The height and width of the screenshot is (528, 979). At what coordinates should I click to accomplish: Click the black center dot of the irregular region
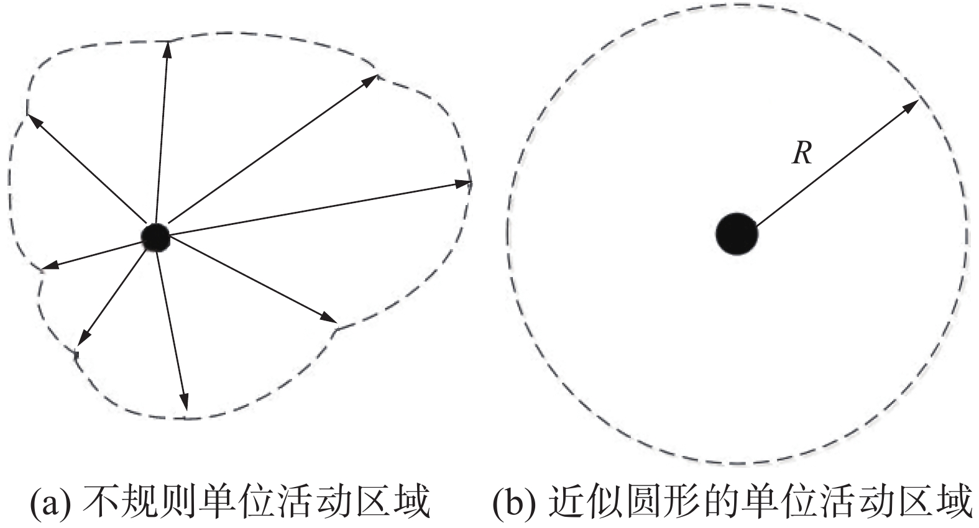[x=155, y=236]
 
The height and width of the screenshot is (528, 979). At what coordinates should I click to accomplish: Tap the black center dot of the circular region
[x=737, y=234]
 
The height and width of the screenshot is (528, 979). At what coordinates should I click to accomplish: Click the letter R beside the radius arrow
[x=802, y=153]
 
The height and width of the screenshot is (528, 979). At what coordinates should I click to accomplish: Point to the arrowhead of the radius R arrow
[x=911, y=105]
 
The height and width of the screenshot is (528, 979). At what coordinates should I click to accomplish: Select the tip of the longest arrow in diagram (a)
[x=463, y=183]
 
